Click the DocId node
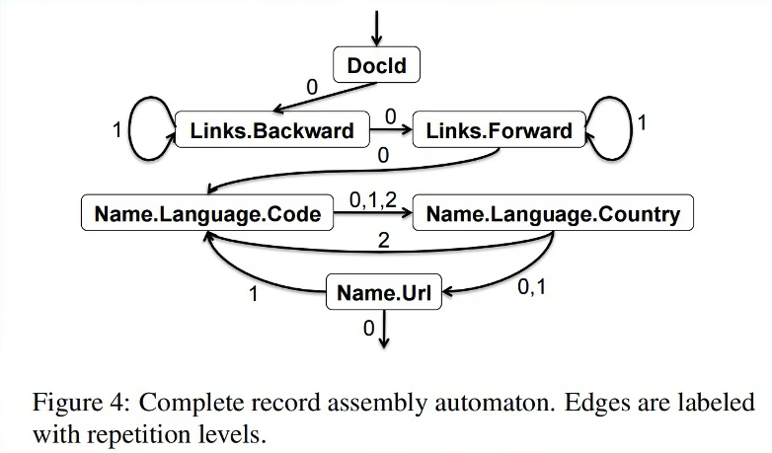pos(376,67)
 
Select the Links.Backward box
pos(270,130)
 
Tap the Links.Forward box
pos(499,130)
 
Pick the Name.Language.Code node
pos(206,213)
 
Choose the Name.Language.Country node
pos(552,213)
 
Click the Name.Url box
pos(384,292)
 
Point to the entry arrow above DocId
pos(376,26)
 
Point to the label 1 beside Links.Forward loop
pos(643,124)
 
